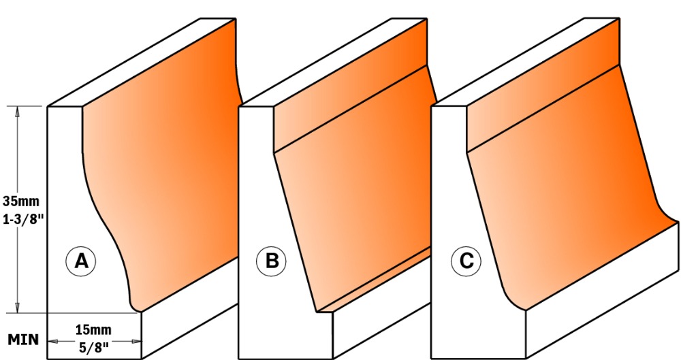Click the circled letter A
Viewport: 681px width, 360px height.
[x=81, y=261]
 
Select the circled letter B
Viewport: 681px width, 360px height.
[x=272, y=261]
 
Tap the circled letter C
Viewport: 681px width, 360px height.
[x=466, y=261]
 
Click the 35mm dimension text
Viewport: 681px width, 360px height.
[x=21, y=201]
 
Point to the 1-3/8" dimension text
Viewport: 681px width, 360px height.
[x=23, y=219]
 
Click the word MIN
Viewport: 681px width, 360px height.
[x=22, y=339]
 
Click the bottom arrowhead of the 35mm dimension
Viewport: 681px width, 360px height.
[x=18, y=307]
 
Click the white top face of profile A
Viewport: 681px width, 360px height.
[x=142, y=63]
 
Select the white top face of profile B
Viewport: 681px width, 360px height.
[x=333, y=63]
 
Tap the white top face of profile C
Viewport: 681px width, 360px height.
[x=525, y=63]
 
